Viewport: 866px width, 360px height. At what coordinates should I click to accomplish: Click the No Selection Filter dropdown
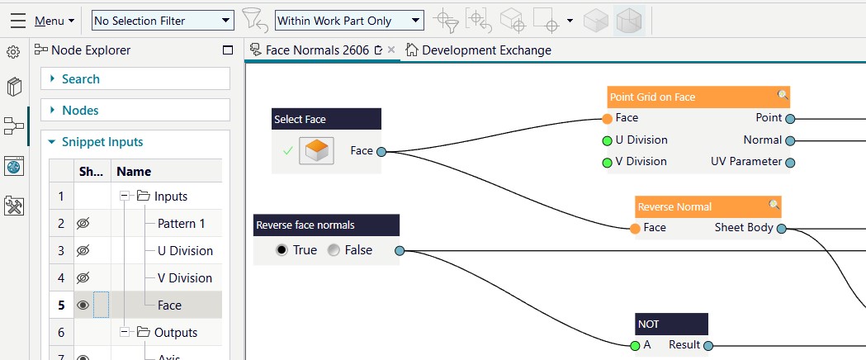click(163, 21)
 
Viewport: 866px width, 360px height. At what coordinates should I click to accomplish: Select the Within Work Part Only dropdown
click(349, 21)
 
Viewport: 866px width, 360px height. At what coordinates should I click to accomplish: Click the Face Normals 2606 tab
click(317, 50)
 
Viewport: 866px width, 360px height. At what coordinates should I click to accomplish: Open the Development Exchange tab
click(478, 50)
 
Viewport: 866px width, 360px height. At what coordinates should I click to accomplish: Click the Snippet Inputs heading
click(102, 142)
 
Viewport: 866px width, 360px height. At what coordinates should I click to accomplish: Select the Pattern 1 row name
click(181, 224)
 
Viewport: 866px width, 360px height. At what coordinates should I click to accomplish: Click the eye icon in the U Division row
click(83, 251)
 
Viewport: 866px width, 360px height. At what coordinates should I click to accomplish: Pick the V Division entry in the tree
click(184, 277)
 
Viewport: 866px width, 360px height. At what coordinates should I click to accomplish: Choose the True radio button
click(282, 250)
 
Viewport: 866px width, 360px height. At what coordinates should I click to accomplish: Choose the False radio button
click(334, 250)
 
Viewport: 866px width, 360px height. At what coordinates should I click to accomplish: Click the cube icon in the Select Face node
click(317, 151)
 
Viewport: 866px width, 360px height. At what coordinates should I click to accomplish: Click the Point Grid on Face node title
click(652, 97)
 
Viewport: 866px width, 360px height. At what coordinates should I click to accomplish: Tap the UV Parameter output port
click(790, 163)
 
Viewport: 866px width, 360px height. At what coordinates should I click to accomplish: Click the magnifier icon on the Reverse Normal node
click(774, 206)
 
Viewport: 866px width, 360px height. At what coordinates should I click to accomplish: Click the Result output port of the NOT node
click(708, 346)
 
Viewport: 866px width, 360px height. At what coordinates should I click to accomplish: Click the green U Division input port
click(607, 141)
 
